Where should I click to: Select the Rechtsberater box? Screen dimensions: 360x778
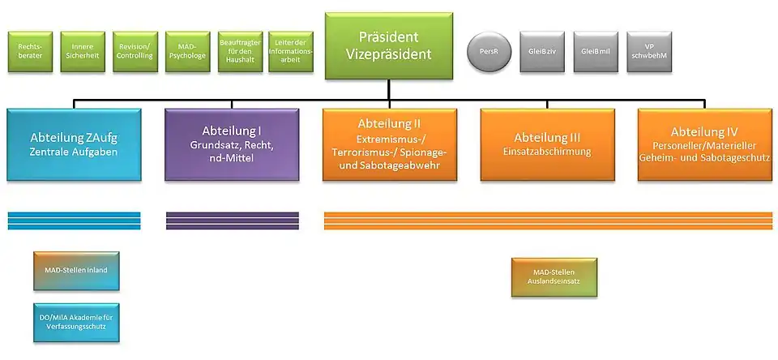[x=30, y=52]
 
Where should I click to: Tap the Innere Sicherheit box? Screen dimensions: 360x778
[x=82, y=52]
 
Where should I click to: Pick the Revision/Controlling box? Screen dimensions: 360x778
[x=134, y=52]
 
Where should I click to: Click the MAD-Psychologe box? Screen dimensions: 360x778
[x=186, y=52]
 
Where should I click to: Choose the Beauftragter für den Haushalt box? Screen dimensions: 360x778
[x=240, y=52]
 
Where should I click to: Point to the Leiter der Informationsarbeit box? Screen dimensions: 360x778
[x=290, y=52]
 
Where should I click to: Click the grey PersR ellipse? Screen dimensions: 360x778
[x=489, y=52]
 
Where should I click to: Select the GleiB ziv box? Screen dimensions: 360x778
[x=541, y=52]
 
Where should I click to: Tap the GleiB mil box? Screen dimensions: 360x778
[x=596, y=52]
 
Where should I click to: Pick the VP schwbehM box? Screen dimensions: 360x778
[x=649, y=52]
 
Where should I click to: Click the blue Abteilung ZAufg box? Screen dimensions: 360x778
[x=74, y=144]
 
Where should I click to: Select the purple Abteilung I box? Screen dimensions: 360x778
[x=232, y=144]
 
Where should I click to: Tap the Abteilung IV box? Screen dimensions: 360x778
[x=704, y=144]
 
